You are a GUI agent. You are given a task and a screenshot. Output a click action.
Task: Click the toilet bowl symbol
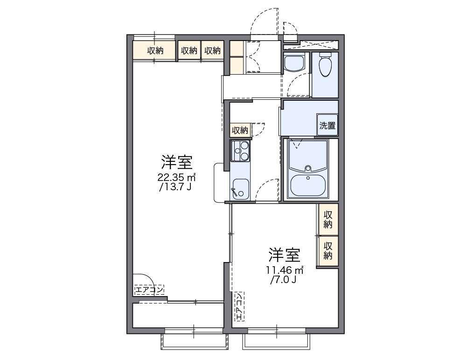tap(325, 66)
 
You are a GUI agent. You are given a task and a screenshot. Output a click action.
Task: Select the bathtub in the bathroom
tap(308, 184)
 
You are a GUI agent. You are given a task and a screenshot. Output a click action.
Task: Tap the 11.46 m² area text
tap(285, 270)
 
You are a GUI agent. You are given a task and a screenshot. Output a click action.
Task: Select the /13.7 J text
tap(175, 187)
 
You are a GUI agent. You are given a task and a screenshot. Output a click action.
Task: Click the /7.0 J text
tap(283, 280)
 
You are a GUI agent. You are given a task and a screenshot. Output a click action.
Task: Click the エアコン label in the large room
tap(149, 290)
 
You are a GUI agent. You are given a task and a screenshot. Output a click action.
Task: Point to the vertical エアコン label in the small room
tap(239, 307)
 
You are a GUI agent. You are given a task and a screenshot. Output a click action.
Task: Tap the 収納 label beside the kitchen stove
tap(240, 130)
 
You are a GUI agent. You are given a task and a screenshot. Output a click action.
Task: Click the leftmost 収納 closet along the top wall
tap(155, 51)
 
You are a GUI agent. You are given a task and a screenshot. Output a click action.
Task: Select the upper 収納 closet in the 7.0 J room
tap(328, 219)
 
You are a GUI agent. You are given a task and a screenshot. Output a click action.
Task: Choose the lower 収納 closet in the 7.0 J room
tap(328, 250)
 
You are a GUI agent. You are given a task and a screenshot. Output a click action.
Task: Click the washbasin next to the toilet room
tap(294, 63)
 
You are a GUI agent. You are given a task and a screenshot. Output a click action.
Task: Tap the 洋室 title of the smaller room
tap(284, 255)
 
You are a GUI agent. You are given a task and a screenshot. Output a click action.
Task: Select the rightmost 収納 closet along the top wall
tap(212, 51)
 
